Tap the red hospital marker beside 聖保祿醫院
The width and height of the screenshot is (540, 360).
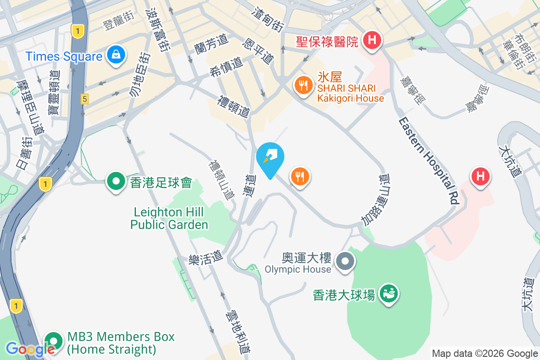click(372, 40)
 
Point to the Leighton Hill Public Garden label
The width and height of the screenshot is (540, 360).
click(169, 218)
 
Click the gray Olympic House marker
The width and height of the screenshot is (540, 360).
click(346, 261)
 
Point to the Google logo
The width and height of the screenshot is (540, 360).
click(30, 349)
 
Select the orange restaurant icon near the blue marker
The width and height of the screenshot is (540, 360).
click(300, 176)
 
